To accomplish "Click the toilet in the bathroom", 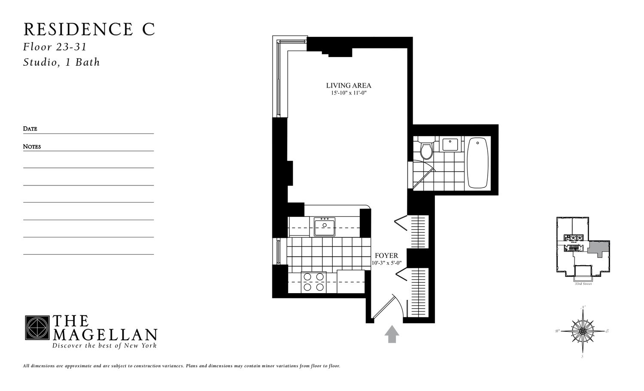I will [426, 150].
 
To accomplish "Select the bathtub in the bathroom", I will [477, 163].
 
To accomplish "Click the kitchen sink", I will [325, 226].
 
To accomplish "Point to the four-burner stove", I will [314, 282].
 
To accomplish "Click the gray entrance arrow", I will [392, 334].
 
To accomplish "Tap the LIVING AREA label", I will [349, 85].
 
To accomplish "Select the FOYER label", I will [386, 255].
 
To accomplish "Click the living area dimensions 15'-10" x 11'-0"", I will [349, 93].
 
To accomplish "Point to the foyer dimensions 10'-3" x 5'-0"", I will [386, 263].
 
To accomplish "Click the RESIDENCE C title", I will [89, 29].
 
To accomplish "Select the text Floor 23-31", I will [55, 47].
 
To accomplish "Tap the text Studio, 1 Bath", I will [61, 62].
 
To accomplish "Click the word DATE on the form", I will [30, 129].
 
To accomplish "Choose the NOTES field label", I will [32, 146].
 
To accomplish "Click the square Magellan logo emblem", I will [37, 328].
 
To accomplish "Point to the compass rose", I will [583, 331].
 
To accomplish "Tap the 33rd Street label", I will [583, 284].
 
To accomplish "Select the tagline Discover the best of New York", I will [104, 346].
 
